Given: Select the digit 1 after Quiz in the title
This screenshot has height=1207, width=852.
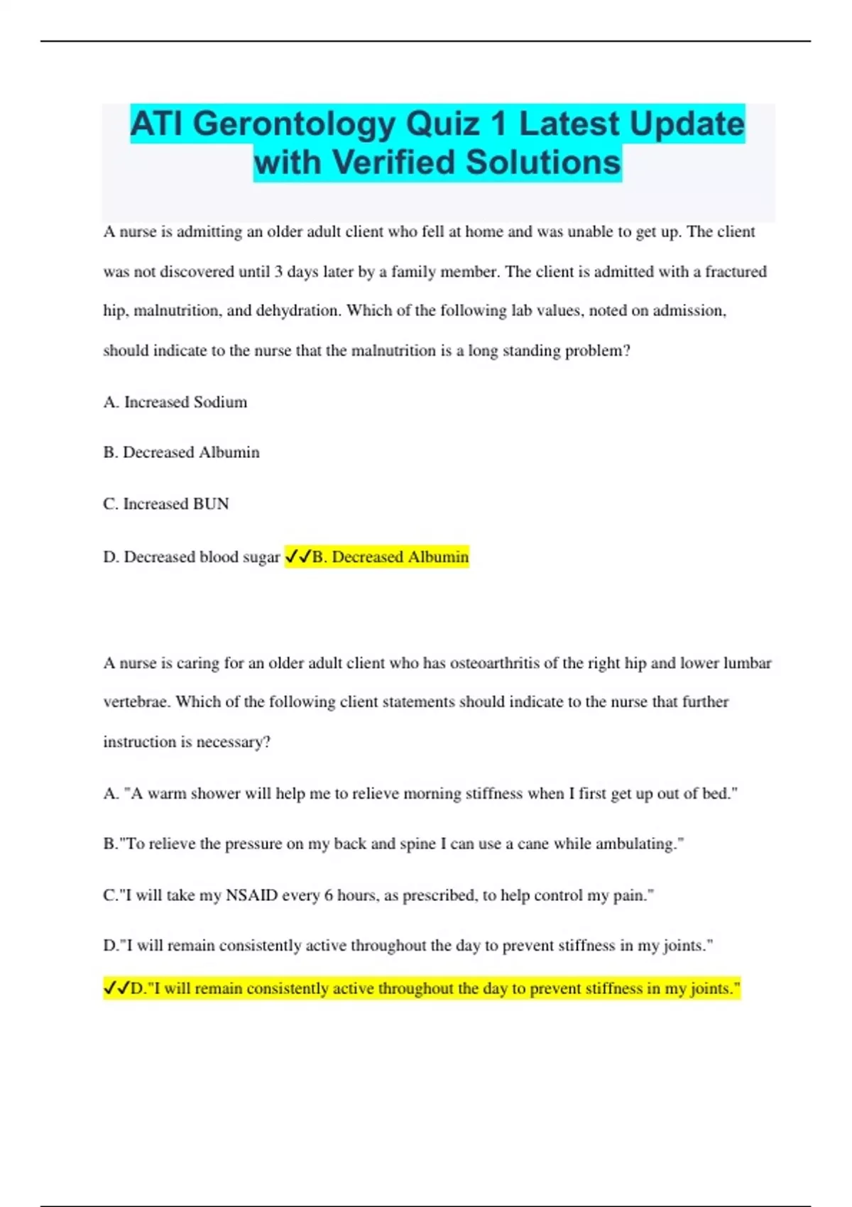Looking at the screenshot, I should coord(498,124).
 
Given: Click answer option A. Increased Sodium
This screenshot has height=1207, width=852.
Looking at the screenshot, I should coord(175,402).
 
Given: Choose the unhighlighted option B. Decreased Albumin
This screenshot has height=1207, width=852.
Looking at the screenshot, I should coord(181,452).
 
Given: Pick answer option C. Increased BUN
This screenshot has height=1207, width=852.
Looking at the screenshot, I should coord(166,504).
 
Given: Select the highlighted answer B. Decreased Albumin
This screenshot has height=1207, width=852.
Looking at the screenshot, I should coord(390,557).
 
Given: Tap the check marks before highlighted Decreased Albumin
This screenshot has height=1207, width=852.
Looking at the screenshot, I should coord(297,557).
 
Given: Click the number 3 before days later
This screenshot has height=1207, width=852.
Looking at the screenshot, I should coord(279,272).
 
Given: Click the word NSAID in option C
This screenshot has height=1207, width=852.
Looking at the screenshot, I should coord(251,895).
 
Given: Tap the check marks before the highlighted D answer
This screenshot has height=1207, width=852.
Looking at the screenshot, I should coord(116,988).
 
